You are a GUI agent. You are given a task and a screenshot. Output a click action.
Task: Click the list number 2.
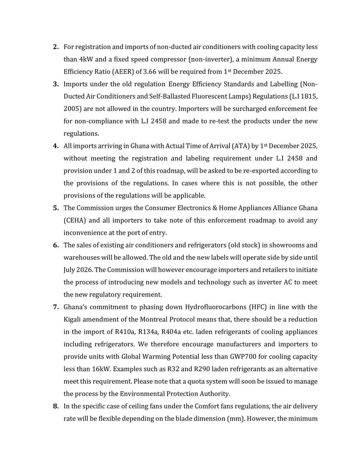click(x=56, y=47)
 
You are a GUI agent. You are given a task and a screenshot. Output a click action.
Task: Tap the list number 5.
click(x=56, y=208)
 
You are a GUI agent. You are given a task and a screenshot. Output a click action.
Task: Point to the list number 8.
click(x=56, y=406)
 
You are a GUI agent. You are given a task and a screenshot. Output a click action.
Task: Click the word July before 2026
click(x=71, y=270)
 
